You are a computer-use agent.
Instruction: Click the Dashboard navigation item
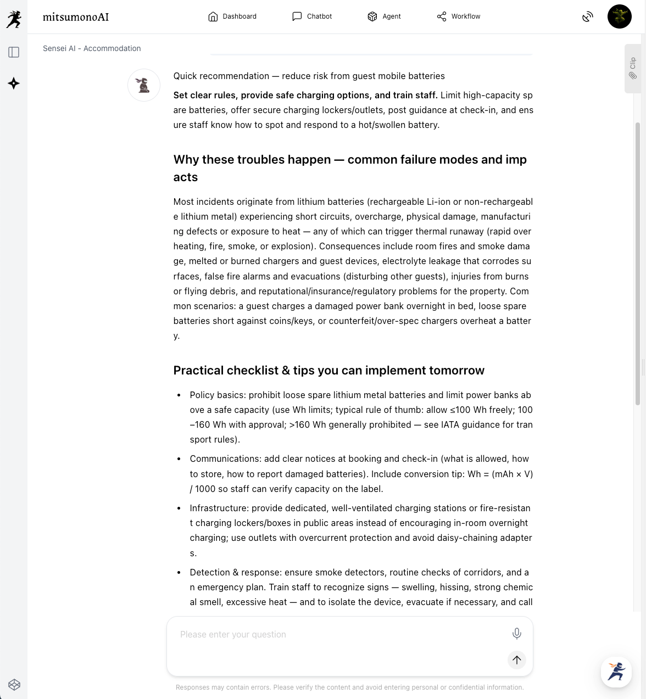(232, 16)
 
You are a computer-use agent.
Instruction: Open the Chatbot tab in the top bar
(312, 16)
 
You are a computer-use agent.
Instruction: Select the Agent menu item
(384, 16)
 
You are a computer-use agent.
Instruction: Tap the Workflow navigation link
(459, 16)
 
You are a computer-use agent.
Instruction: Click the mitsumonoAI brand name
(76, 17)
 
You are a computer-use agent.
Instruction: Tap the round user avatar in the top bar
(619, 16)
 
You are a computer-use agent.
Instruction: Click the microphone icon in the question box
(516, 634)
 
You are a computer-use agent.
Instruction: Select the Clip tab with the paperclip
(633, 68)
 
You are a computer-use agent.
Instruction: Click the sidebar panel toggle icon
(14, 52)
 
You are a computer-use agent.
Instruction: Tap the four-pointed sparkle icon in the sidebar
(14, 83)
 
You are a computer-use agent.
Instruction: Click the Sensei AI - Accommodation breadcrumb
(92, 48)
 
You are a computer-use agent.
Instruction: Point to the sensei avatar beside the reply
(144, 85)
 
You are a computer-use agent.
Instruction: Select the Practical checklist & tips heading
(328, 371)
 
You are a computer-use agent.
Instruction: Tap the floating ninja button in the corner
(616, 672)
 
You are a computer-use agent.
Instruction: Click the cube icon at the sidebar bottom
(14, 685)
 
